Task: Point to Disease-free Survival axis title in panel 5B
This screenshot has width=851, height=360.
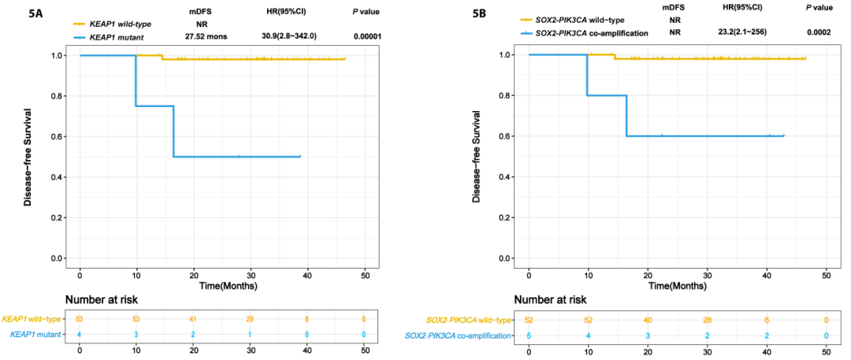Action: point(476,155)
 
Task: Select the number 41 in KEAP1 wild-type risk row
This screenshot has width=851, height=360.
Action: point(193,319)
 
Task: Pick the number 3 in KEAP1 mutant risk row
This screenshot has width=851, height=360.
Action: point(136,334)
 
